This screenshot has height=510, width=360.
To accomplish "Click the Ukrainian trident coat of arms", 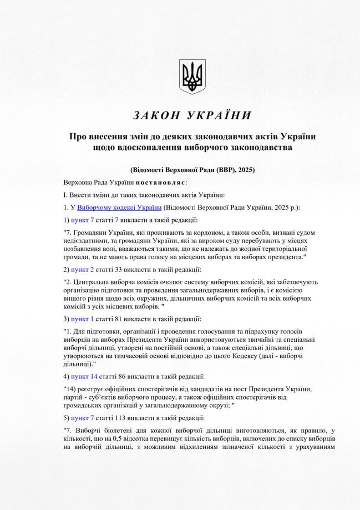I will click(x=192, y=77).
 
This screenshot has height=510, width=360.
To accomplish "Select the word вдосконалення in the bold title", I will click(x=143, y=148).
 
